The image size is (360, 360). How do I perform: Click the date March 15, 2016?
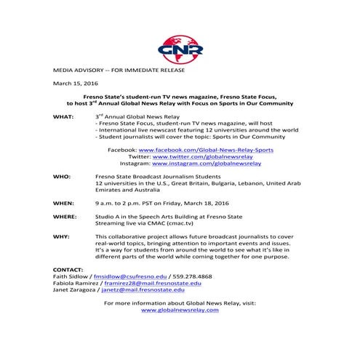tap(72, 83)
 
